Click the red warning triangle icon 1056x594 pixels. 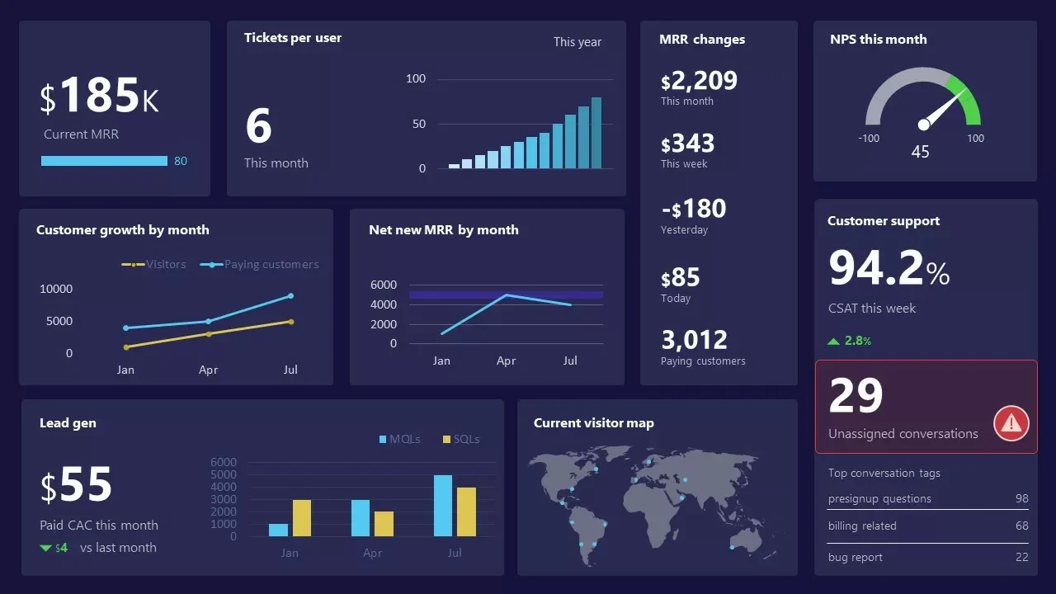click(x=1011, y=423)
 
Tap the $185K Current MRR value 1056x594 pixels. click(x=99, y=96)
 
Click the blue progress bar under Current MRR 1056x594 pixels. click(x=104, y=161)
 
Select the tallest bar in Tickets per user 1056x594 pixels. click(x=596, y=133)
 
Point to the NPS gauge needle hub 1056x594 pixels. click(x=924, y=125)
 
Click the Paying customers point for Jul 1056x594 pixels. click(x=290, y=295)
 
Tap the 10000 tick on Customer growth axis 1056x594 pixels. click(x=56, y=289)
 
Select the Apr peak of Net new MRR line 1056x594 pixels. click(x=506, y=295)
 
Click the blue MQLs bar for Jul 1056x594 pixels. click(x=443, y=506)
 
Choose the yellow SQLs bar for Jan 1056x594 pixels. click(x=302, y=518)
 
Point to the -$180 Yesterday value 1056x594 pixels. click(x=693, y=209)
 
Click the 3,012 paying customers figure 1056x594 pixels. click(x=694, y=340)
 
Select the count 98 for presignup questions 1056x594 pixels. click(x=1021, y=498)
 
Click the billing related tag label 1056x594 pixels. click(x=862, y=526)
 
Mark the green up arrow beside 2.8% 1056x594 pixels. click(x=833, y=341)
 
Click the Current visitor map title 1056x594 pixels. click(x=593, y=423)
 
